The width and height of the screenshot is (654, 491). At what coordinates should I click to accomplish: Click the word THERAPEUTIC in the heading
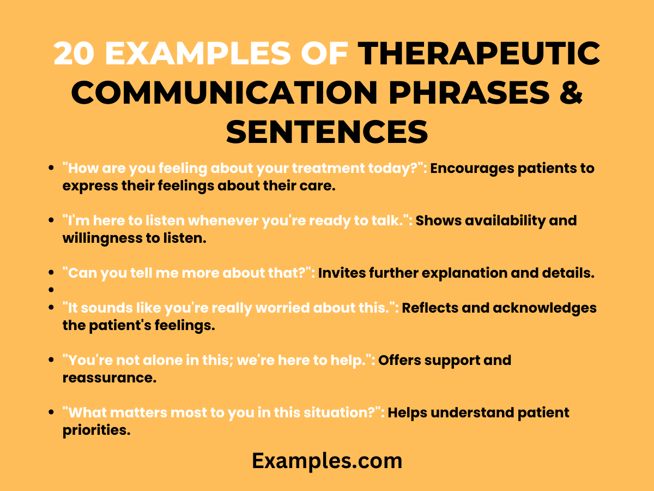[x=479, y=54]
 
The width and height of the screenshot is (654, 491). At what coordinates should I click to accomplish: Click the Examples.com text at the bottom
[x=327, y=461]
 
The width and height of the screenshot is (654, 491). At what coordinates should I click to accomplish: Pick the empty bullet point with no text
[x=51, y=290]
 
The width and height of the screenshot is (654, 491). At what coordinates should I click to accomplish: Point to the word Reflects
[x=430, y=308]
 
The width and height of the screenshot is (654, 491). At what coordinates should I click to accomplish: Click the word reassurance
[x=109, y=378]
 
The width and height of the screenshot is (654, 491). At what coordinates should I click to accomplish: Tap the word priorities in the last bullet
[x=96, y=430]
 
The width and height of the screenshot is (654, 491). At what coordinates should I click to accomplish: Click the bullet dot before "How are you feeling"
[x=51, y=168]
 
